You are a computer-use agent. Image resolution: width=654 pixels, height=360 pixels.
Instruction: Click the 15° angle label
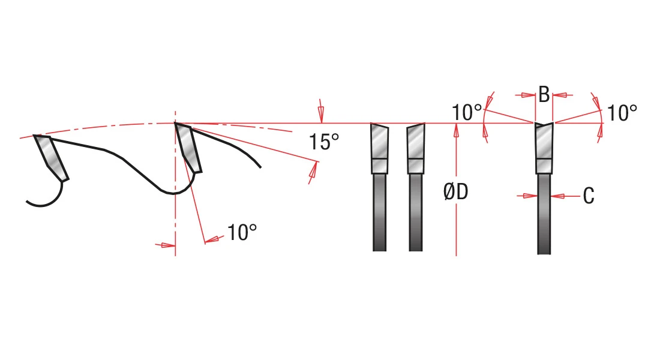(323, 142)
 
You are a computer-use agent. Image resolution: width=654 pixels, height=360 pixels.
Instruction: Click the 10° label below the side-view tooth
(242, 232)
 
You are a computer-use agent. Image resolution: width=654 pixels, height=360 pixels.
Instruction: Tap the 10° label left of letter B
(467, 113)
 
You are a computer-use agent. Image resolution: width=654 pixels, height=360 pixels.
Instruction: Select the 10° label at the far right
(622, 113)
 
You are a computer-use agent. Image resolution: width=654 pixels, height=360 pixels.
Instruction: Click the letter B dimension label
(544, 95)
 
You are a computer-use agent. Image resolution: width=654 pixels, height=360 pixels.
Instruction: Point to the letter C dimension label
(589, 196)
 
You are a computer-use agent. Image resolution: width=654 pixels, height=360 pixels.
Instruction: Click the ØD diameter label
(456, 192)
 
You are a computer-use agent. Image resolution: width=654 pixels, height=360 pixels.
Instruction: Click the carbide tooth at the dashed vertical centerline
(188, 148)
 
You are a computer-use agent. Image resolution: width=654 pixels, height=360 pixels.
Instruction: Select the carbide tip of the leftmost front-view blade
(380, 149)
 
